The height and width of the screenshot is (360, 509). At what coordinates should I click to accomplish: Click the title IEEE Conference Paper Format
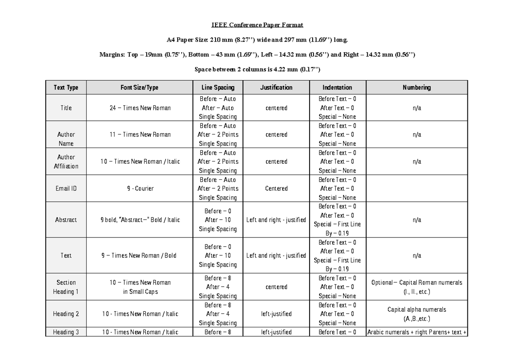257,25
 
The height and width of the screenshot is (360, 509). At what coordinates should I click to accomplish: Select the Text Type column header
66,88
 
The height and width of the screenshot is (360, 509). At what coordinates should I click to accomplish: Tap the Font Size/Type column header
140,88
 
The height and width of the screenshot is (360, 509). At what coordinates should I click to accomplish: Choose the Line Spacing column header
218,88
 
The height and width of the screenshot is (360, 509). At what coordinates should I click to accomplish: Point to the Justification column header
276,88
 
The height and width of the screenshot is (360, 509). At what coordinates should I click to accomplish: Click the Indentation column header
337,88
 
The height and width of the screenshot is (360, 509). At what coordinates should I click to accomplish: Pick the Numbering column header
417,88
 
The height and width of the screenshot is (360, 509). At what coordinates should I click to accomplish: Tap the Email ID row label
66,189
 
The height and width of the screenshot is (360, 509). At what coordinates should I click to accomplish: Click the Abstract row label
66,220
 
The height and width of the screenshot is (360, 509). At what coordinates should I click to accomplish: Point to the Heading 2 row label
66,314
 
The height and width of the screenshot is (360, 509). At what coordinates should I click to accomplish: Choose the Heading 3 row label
66,332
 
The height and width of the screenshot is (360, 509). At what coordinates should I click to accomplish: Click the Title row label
66,108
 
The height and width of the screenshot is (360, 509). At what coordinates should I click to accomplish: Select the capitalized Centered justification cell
276,189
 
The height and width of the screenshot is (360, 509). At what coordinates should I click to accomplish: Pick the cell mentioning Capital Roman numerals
417,287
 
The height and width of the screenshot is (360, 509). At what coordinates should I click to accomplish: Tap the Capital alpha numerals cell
417,314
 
